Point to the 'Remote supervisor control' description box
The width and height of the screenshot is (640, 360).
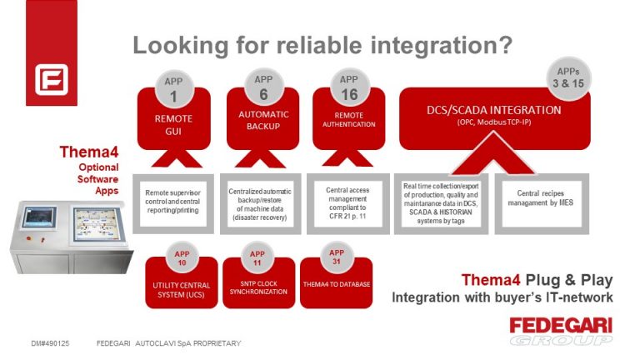coord(173,201)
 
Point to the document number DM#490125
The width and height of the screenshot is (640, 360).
coord(50,342)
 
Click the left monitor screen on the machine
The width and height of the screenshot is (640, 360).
coord(39,219)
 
